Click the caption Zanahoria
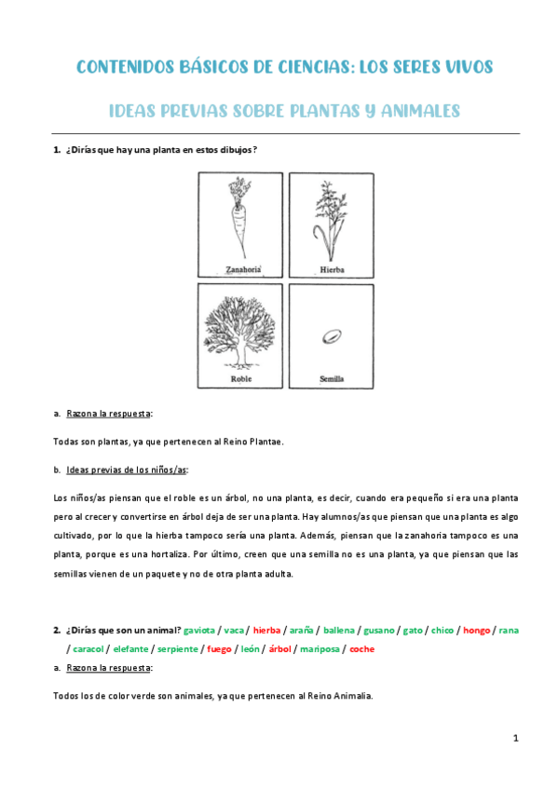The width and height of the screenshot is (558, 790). pos(240,270)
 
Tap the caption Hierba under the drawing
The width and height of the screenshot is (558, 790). pos(332,270)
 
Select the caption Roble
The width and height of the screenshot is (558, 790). pos(240,380)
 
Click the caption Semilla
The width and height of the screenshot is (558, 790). pos(331,380)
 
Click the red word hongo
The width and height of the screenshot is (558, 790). pos(476,631)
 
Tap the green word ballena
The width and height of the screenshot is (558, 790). pos(338,631)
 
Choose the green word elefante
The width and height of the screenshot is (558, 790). pos(130,648)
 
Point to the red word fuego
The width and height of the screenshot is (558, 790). pos(219,648)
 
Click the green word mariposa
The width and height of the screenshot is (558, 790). pos(317,648)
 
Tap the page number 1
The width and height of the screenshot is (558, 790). pos(515,739)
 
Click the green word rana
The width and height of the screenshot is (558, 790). pos(509,631)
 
